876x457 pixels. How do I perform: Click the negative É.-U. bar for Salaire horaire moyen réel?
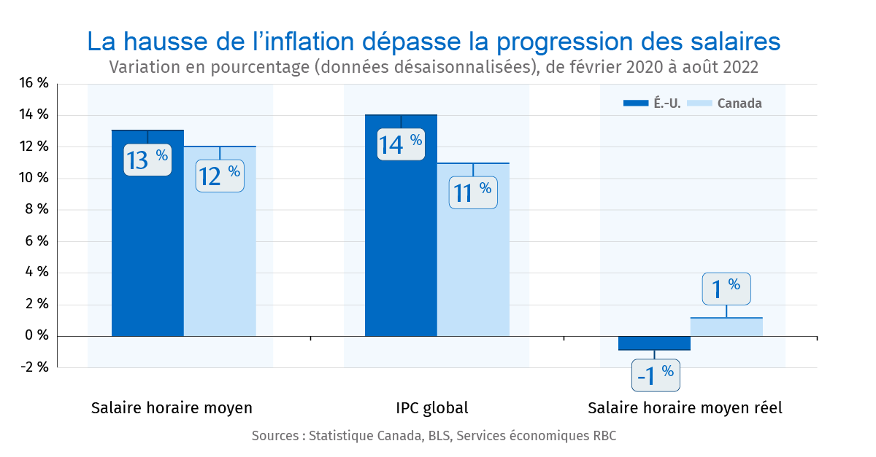point(654,343)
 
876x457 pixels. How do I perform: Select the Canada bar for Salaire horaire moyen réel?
point(726,327)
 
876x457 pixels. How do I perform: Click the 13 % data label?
point(147,158)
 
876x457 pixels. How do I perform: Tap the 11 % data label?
point(473,192)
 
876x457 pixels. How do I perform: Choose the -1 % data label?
point(655,375)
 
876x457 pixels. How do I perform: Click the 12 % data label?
point(220,174)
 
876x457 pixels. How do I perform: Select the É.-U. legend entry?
point(653,103)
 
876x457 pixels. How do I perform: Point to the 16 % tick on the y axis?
point(34,84)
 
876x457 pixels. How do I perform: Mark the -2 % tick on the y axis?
point(34,367)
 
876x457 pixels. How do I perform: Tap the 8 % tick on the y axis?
point(36,210)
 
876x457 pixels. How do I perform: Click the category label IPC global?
point(432,408)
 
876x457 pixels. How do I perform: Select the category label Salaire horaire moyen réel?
point(685,408)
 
